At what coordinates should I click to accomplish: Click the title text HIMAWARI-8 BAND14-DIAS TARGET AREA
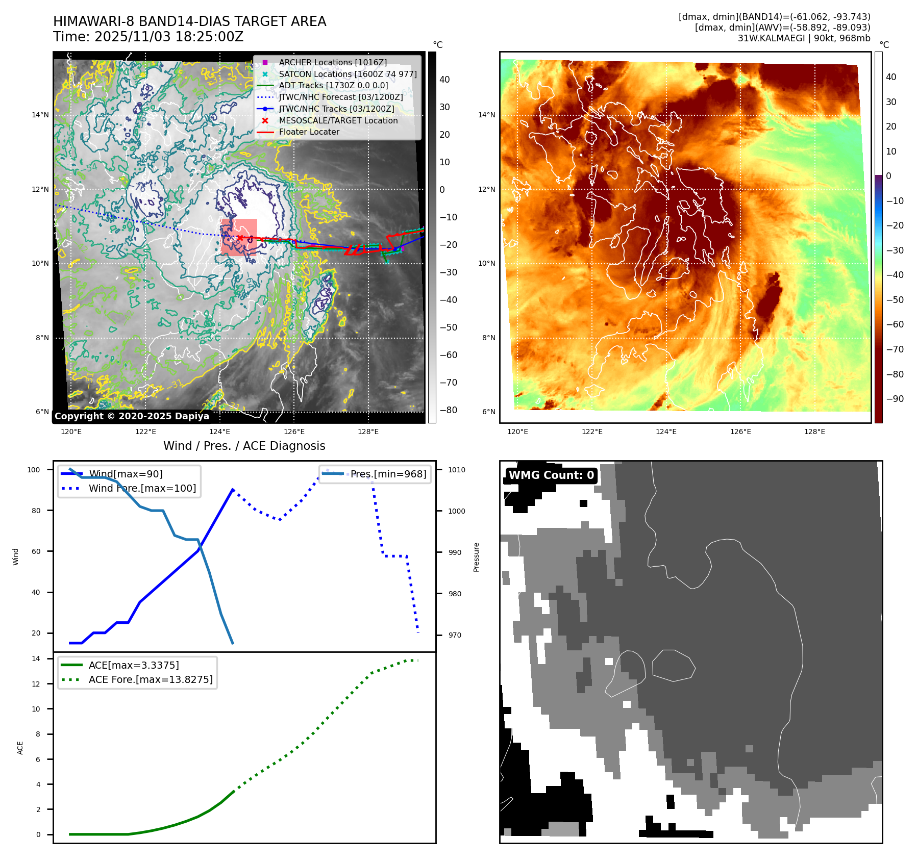[189, 21]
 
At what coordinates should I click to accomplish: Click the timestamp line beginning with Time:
[148, 37]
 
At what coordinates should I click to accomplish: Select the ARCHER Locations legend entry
[332, 62]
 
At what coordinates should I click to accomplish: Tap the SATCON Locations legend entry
[347, 74]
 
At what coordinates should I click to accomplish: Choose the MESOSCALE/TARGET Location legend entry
[338, 120]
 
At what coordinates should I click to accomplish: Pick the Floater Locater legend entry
[309, 132]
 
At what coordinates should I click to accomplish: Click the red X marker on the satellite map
[240, 238]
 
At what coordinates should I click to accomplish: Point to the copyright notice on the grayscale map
[132, 416]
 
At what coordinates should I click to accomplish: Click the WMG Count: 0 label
[551, 475]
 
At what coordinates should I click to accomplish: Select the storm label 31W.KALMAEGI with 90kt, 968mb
[804, 38]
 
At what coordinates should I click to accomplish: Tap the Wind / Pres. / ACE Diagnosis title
[244, 446]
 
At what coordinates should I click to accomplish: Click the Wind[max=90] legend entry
[126, 474]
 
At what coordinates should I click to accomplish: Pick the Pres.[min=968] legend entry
[388, 474]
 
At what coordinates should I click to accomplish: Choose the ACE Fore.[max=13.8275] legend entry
[151, 679]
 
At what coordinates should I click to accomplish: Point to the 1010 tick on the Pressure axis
[457, 470]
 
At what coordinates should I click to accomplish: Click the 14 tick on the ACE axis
[36, 658]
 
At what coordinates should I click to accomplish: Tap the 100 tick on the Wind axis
[34, 470]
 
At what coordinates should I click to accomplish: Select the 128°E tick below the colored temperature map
[814, 432]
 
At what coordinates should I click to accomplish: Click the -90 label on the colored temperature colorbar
[895, 399]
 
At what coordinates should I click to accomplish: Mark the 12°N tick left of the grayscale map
[40, 189]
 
